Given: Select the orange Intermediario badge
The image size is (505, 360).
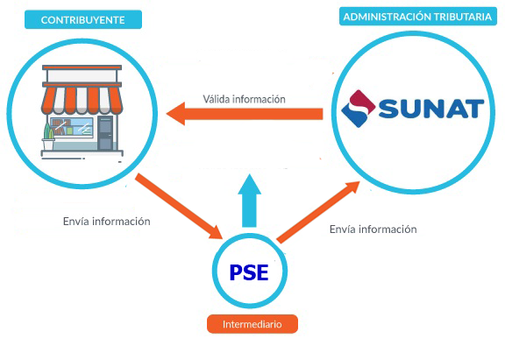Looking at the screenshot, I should point(252,324).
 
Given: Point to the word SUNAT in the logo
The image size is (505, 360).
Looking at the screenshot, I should point(430,109).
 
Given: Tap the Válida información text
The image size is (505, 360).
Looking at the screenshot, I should point(244,99).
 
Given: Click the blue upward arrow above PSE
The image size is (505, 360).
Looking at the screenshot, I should point(252,201).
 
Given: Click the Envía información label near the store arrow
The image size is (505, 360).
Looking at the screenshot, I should point(107,222).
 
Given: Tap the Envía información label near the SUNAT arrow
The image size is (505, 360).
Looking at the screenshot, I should point(373,229).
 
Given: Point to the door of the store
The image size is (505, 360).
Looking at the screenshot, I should point(105,135).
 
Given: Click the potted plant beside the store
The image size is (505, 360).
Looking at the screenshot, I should point(49,133).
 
